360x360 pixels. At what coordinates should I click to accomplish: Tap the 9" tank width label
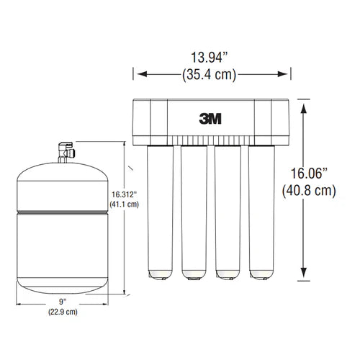63,301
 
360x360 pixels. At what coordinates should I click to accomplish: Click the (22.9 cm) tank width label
63,312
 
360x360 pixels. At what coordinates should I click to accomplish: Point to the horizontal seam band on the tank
63,212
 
